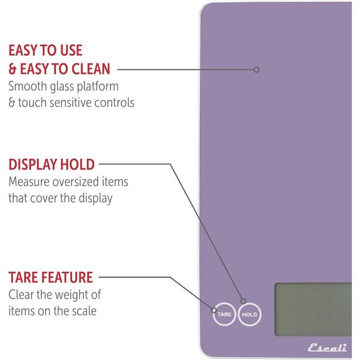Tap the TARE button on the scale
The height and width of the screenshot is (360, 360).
point(223,315)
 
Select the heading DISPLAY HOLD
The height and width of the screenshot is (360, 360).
point(52,164)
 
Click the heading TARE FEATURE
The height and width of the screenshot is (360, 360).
point(51,277)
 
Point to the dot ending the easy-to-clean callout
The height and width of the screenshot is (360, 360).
point(256,70)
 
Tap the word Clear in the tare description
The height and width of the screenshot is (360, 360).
point(21,294)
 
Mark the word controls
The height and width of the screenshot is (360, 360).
point(115,103)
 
